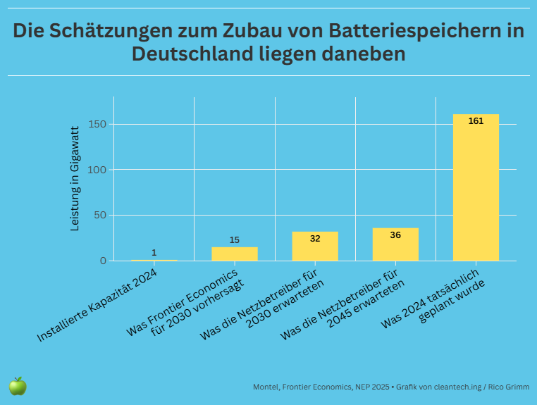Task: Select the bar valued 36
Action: pyautogui.click(x=395, y=244)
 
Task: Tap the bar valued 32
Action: pyautogui.click(x=315, y=247)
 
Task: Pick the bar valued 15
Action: pyautogui.click(x=235, y=254)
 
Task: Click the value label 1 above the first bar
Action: pyautogui.click(x=154, y=253)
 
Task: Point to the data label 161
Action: pyautogui.click(x=476, y=121)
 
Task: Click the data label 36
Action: pyautogui.click(x=395, y=235)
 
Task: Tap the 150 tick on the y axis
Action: pyautogui.click(x=97, y=125)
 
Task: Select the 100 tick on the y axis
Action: pyautogui.click(x=97, y=170)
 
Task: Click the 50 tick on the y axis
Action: pyautogui.click(x=100, y=216)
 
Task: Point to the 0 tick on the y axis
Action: pyautogui.click(x=103, y=261)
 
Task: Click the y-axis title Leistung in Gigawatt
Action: pyautogui.click(x=75, y=179)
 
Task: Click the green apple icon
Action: pyautogui.click(x=18, y=386)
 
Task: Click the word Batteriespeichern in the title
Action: pyautogui.click(x=422, y=32)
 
